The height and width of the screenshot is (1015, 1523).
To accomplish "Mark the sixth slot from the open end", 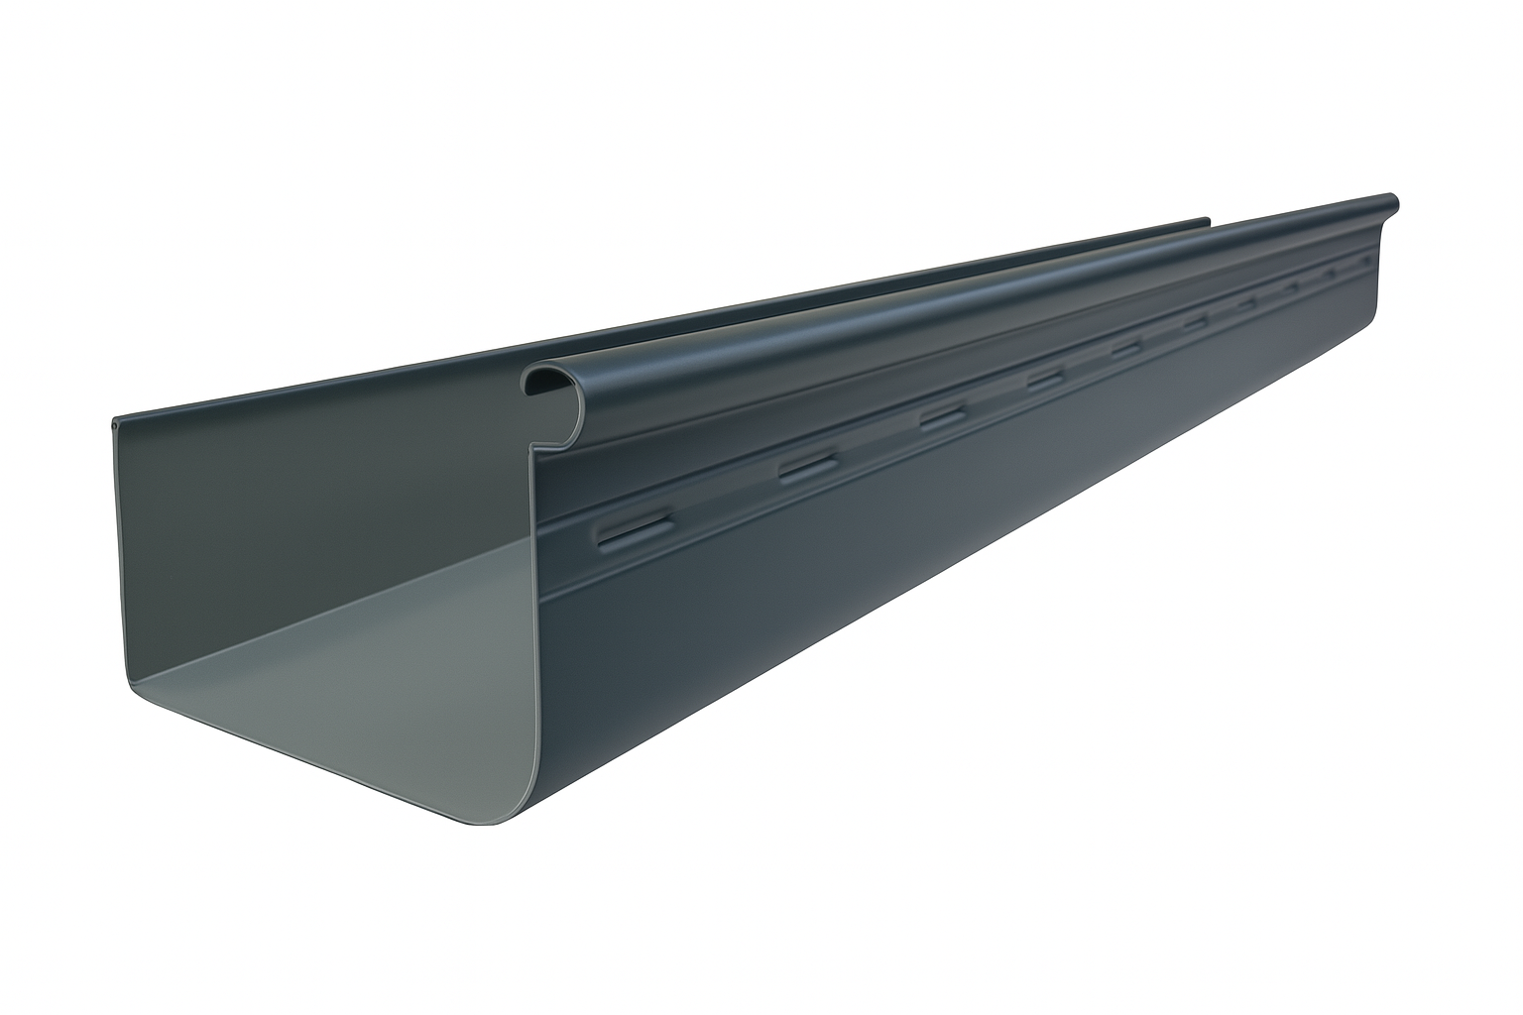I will pyautogui.click(x=1195, y=323).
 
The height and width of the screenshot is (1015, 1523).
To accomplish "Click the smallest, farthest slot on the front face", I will pyautogui.click(x=1369, y=260).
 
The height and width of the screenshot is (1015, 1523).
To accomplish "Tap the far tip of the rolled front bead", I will pyautogui.click(x=1394, y=201).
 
